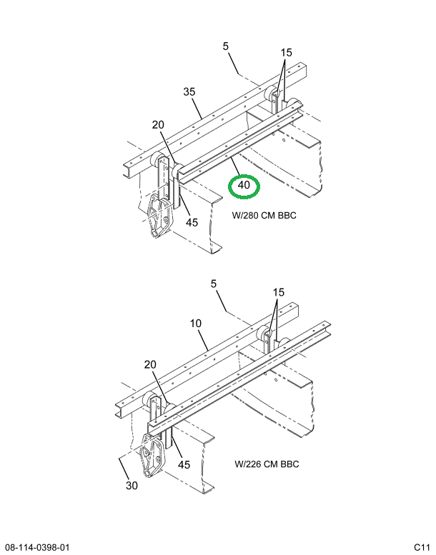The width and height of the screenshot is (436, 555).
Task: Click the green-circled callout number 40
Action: pyautogui.click(x=244, y=185)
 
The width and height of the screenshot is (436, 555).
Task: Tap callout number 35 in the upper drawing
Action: pyautogui.click(x=189, y=91)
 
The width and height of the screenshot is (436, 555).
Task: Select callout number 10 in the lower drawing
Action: pyautogui.click(x=197, y=324)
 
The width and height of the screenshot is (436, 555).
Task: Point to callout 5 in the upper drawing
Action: pyautogui.click(x=226, y=46)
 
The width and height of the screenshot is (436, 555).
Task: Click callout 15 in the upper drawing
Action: pyautogui.click(x=287, y=53)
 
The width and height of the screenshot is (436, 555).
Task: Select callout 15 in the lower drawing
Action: pyautogui.click(x=278, y=292)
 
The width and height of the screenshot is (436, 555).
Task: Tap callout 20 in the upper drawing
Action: pyautogui.click(x=158, y=125)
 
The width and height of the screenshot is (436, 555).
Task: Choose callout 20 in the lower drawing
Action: pyautogui.click(x=149, y=364)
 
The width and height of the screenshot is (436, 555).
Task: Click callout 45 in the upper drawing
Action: pyautogui.click(x=192, y=222)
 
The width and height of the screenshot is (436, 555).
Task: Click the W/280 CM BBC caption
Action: pyautogui.click(x=264, y=215)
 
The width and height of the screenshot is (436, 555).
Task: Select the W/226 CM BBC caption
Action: pyautogui.click(x=267, y=464)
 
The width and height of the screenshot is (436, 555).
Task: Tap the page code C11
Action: pyautogui.click(x=421, y=547)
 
